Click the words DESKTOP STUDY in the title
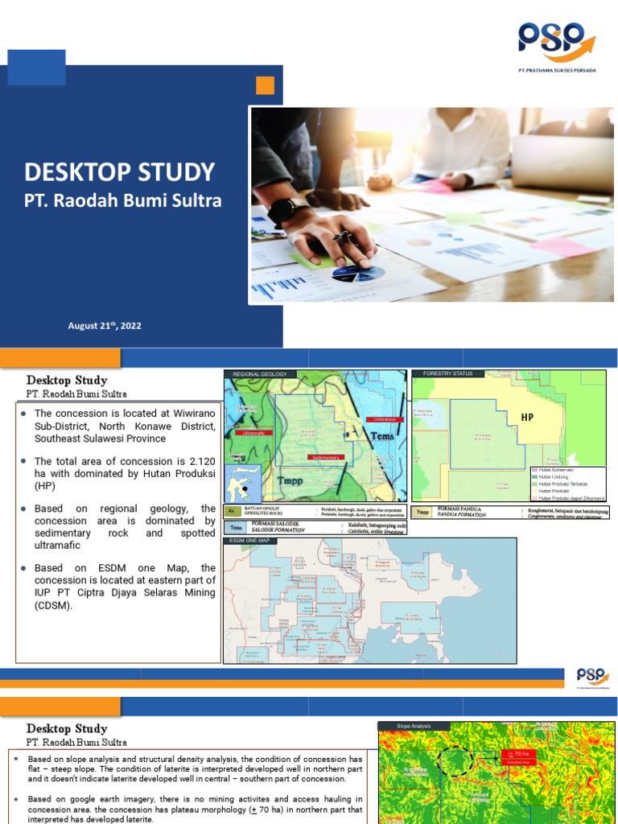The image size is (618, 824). coord(119,171)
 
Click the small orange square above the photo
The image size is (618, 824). coord(265,85)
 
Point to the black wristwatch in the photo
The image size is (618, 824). coord(282,211)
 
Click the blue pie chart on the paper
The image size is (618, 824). coord(358,274)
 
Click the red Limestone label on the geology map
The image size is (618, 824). coord(382,419)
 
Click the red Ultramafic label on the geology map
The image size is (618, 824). coord(253,433)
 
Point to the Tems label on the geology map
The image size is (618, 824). coord(382,435)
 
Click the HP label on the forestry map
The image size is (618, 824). coord(527,418)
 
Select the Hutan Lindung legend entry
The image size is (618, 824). coord(554,476)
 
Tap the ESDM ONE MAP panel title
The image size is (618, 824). coord(251,541)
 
